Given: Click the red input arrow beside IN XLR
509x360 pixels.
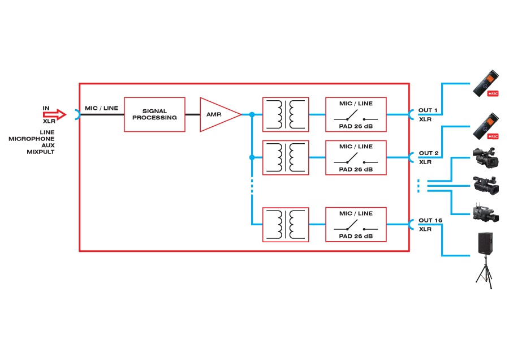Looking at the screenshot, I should tap(55, 115).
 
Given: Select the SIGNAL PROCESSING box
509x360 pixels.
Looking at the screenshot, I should tap(154, 114).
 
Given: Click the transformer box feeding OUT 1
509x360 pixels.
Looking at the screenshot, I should tap(286, 114).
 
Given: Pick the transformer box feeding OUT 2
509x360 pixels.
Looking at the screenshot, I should tap(286, 157).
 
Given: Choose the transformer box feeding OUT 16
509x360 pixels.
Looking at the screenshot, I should tap(286, 225).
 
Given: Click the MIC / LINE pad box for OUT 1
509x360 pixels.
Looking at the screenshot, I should tap(356, 114).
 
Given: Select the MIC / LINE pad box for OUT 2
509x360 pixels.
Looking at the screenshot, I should tap(356, 157).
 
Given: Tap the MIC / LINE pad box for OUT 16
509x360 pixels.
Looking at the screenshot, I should tap(356, 225).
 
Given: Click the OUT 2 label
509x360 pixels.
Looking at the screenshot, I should tap(428, 153).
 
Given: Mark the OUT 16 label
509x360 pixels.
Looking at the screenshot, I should tap(430, 220).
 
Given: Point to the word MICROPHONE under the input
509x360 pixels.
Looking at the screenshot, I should tap(31, 139).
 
